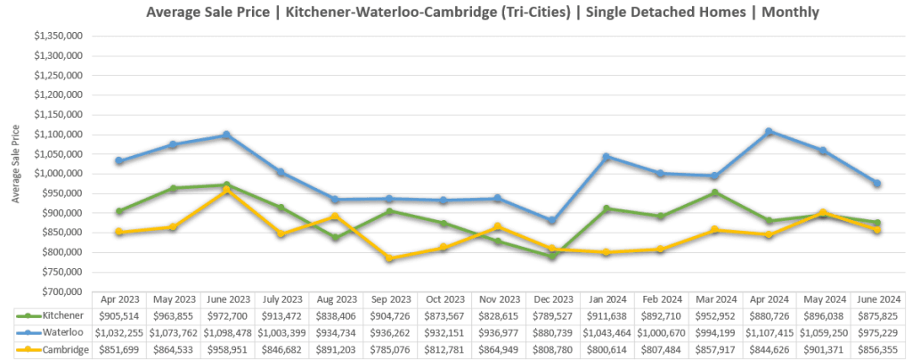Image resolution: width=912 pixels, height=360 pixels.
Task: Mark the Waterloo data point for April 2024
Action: (769, 132)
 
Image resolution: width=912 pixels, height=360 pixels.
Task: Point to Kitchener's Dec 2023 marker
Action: (551, 257)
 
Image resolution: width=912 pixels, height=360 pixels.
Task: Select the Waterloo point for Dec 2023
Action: (551, 220)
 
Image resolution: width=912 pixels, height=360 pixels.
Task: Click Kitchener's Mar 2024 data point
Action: (714, 192)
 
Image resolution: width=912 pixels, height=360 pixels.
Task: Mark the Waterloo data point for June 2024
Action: (877, 184)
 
